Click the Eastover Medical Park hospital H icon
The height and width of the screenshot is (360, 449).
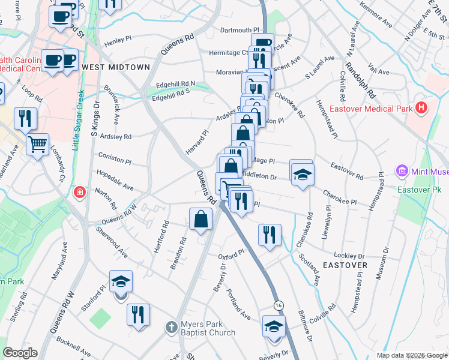pos(422,109)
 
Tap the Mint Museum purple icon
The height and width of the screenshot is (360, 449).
pos(402,172)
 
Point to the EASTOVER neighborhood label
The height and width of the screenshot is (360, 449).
pos(345,265)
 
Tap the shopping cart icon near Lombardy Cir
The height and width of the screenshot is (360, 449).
pos(37,144)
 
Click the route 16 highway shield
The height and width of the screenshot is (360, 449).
pos(279,306)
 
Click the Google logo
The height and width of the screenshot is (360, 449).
pos(20,353)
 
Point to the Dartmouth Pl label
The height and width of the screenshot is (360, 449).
pos(239,29)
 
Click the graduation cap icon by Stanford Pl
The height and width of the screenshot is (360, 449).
pos(121,281)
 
